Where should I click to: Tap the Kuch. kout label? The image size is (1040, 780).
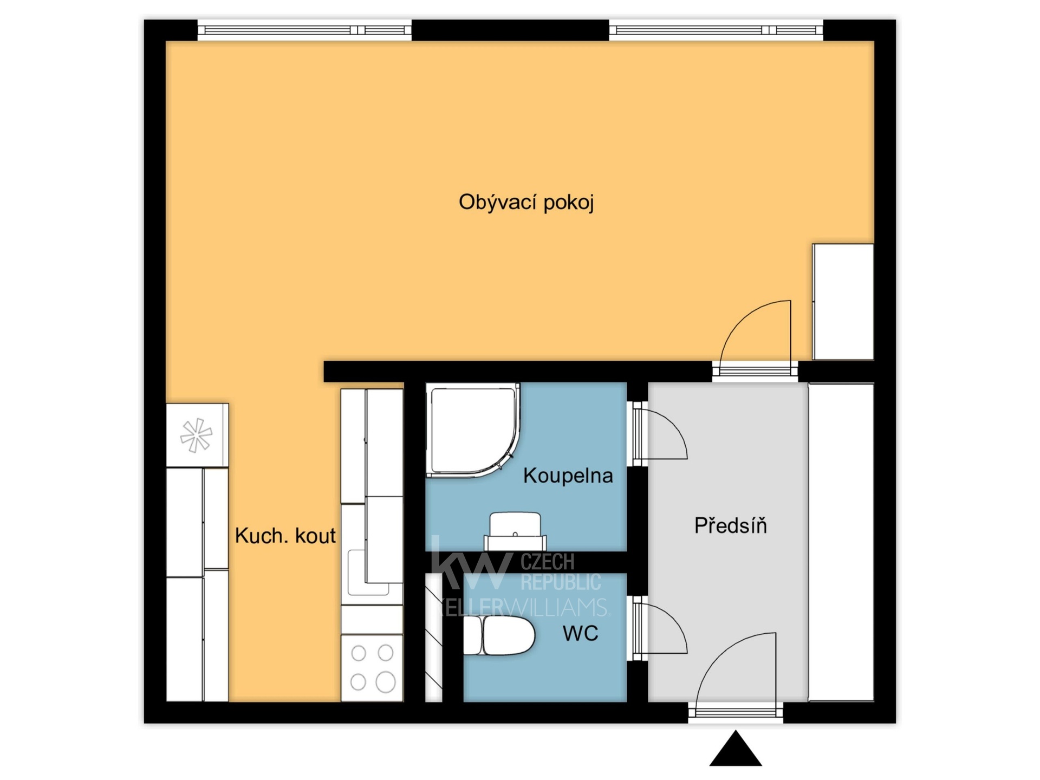click(x=285, y=536)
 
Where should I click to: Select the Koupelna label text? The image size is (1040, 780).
click(x=568, y=476)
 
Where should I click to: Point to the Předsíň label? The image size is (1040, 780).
click(x=730, y=525)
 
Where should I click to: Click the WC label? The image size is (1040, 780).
click(x=580, y=633)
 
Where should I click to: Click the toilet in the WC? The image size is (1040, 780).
click(x=499, y=635)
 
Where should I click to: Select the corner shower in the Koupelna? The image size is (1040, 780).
click(x=472, y=430)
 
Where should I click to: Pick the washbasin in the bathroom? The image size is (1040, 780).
click(x=515, y=531)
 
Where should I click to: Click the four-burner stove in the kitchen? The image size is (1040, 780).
click(x=372, y=668)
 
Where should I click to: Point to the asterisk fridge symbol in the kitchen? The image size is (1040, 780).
click(x=196, y=435)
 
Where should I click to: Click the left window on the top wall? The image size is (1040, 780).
click(x=304, y=30)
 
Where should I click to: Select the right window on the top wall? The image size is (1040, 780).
click(x=716, y=30)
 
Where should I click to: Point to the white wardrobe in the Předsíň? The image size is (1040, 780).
click(x=841, y=542)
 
